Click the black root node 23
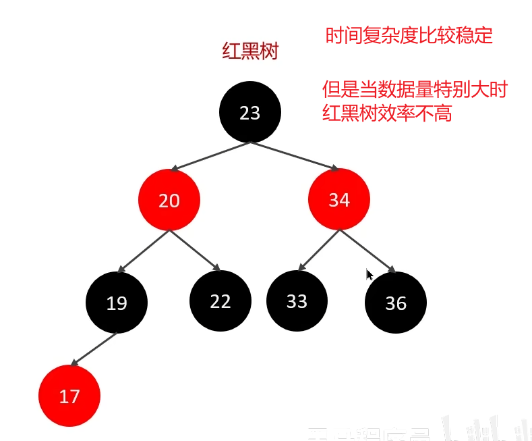coord(249,112)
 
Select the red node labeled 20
coord(169,200)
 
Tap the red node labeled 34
coord(338,200)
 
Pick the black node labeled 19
coord(117,303)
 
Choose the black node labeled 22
coord(220,301)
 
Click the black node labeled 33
coord(297,301)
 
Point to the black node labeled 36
coord(396,303)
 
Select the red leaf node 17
coord(69,396)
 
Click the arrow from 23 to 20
coord(211,156)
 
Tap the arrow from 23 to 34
coord(294,156)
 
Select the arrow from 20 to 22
coord(195,251)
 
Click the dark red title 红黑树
coord(250,52)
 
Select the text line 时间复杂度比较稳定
coord(409,35)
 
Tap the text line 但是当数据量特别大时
coord(414,90)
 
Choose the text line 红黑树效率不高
coord(387,113)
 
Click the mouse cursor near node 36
coord(370,274)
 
